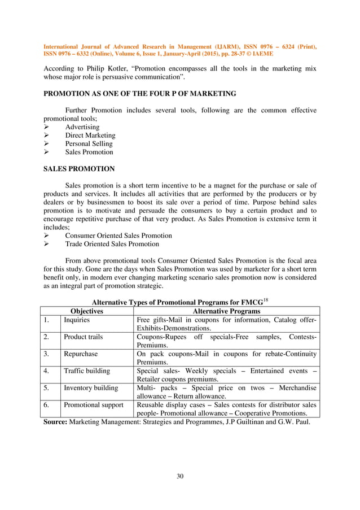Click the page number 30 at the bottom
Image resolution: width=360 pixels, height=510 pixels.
pyautogui.click(x=180, y=477)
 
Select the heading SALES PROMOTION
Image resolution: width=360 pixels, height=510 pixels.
pyautogui.click(x=80, y=168)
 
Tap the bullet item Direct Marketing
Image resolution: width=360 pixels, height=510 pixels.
pyautogui.click(x=90, y=136)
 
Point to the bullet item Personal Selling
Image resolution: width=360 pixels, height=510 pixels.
pyautogui.click(x=89, y=143)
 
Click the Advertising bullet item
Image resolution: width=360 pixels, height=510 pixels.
pyautogui.click(x=82, y=127)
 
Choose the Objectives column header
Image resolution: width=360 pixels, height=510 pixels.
pyautogui.click(x=86, y=311)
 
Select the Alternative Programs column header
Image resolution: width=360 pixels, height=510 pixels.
pyautogui.click(x=226, y=311)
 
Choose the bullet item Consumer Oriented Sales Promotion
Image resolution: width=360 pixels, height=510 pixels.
pyautogui.click(x=118, y=236)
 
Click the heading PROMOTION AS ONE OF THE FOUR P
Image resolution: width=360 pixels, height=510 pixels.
pyautogui.click(x=140, y=93)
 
